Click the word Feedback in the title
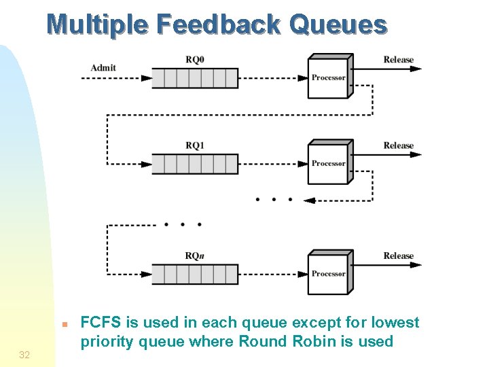tap(218, 24)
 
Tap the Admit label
tap(103, 67)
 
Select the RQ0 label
tap(195, 59)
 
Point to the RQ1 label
tap(195, 145)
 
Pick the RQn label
tap(194, 256)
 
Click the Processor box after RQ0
tap(329, 77)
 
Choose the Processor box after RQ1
tap(329, 163)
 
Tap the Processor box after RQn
tap(329, 274)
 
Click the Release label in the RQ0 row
tap(398, 60)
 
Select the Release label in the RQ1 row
tap(398, 145)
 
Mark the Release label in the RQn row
tap(398, 256)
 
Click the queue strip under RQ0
tap(194, 78)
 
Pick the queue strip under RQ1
tap(194, 164)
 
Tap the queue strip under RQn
tap(194, 275)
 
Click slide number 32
tap(24, 355)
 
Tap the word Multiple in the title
tap(98, 24)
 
